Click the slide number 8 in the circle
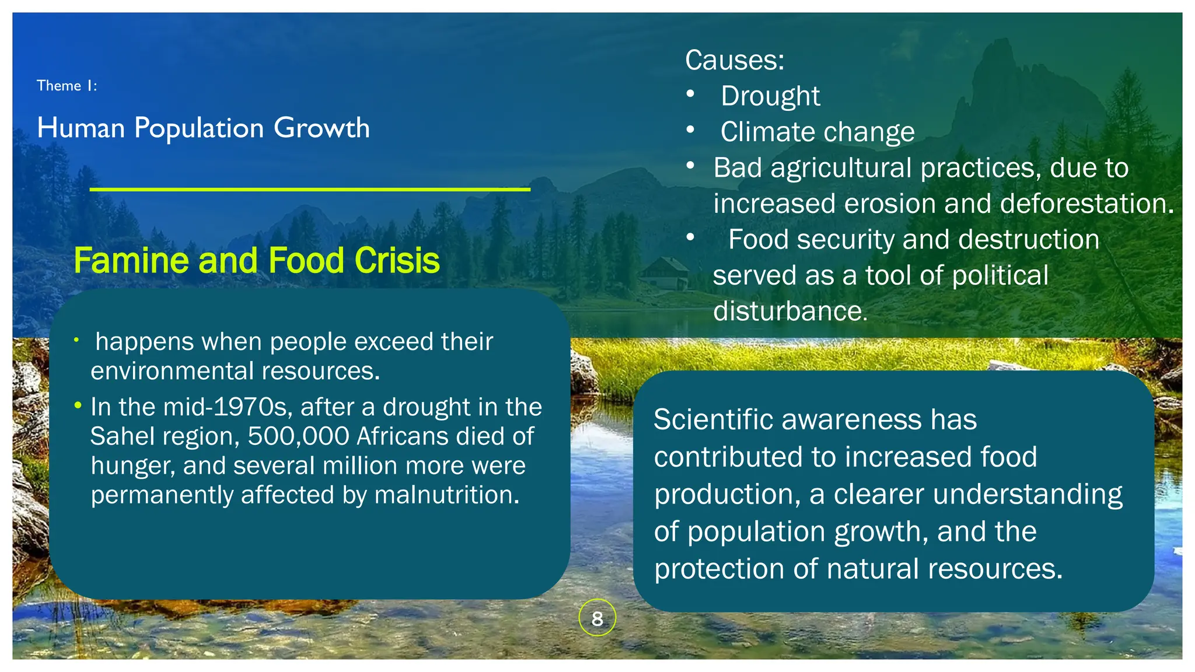coord(597,618)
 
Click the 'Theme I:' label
coord(67,86)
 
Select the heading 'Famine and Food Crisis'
coord(256,260)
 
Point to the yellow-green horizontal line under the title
coord(309,190)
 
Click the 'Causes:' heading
coord(734,60)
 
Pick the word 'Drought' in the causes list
coord(770,96)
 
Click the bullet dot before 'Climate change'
coord(690,130)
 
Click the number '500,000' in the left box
coord(298,436)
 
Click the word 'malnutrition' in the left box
coord(446,495)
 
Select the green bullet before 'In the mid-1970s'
coord(78,405)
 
